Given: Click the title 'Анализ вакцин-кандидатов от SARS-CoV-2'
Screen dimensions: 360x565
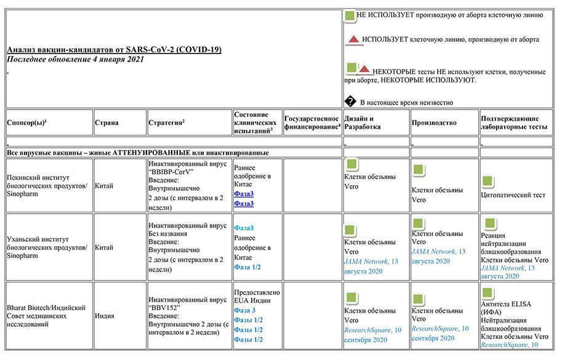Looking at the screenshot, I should click(114, 49).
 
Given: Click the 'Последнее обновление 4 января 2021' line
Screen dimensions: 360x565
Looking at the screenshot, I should click(75, 59).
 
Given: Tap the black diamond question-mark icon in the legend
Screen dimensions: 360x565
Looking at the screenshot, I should click(350, 102).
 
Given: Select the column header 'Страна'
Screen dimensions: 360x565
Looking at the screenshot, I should click(106, 122).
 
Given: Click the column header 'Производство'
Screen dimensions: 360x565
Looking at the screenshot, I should click(434, 122).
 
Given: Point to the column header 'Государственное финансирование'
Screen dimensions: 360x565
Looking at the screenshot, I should click(312, 122).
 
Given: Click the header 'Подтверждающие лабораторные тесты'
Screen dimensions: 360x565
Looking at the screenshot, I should click(513, 122).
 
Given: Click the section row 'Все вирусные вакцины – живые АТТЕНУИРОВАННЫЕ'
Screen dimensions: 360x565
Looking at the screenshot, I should click(138, 152).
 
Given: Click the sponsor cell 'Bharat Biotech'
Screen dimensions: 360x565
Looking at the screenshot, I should click(46, 316).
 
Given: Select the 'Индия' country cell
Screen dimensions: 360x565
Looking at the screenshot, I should click(105, 316).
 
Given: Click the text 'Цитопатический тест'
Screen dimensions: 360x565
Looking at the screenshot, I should click(514, 195).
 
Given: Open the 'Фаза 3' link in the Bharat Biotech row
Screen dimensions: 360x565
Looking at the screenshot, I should click(244, 310).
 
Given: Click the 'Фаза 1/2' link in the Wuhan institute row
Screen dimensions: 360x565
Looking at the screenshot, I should click(247, 267).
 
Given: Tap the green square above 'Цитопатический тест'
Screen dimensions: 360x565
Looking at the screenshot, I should click(487, 182).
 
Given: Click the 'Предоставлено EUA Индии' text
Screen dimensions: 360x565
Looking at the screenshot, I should click(257, 296).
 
